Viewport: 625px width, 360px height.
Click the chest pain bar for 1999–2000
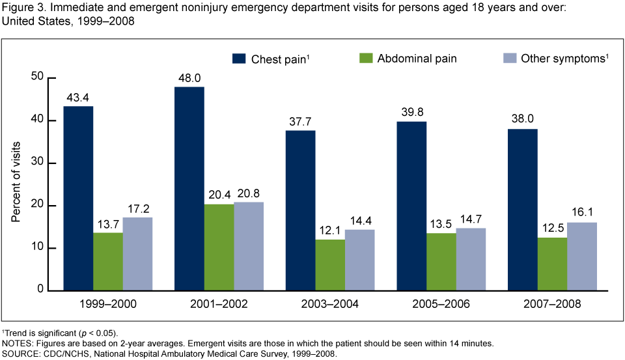[78, 198]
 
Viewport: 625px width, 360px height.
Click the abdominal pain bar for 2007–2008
[552, 264]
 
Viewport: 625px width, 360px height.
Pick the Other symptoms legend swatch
[511, 59]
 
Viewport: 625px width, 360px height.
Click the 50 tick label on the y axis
[38, 77]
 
